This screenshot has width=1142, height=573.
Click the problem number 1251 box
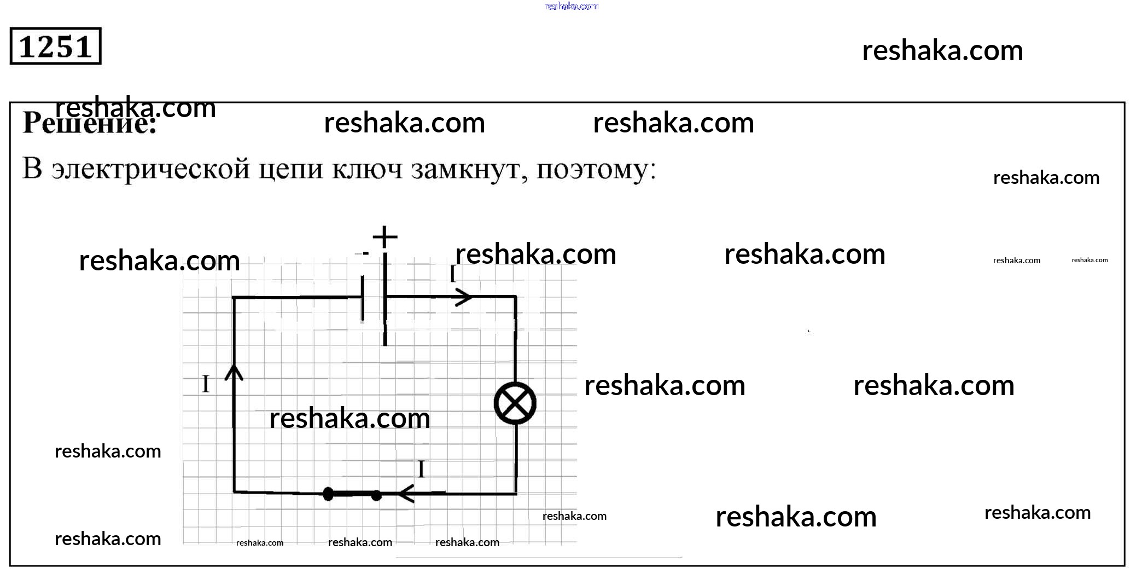click(55, 47)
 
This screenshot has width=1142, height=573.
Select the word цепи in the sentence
click(291, 170)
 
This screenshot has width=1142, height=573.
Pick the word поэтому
click(596, 170)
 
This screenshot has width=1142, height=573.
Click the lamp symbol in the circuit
click(515, 404)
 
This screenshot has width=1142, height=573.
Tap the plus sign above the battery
click(385, 238)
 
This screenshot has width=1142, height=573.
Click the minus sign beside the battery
click(365, 253)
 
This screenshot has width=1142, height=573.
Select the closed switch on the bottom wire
click(352, 495)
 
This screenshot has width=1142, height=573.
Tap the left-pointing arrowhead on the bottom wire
click(405, 494)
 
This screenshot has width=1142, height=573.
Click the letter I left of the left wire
click(206, 384)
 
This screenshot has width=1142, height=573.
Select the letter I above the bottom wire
click(421, 470)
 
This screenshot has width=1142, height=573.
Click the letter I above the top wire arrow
click(453, 274)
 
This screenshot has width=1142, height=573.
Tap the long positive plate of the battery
click(385, 298)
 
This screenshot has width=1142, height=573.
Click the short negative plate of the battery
click(363, 298)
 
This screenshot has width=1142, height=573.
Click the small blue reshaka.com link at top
click(572, 6)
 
